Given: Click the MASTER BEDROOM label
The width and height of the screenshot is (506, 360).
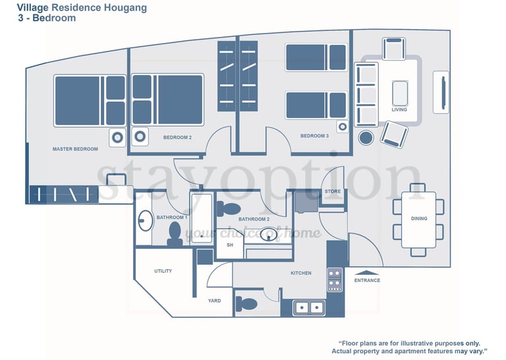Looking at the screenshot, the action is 75,149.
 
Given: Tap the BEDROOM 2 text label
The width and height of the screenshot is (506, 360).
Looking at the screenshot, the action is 177,138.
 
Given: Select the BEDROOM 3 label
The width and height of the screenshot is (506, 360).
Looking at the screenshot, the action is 315,136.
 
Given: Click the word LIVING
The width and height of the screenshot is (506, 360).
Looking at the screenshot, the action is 399,109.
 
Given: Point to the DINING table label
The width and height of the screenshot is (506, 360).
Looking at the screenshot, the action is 419,219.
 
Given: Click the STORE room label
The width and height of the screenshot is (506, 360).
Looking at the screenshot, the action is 333,191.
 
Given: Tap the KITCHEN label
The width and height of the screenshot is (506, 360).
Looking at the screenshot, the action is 301,273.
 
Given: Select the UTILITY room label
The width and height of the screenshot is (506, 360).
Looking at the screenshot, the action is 163,271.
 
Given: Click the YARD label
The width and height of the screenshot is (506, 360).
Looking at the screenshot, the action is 215,301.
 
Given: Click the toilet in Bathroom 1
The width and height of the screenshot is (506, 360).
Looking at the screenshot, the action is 175,234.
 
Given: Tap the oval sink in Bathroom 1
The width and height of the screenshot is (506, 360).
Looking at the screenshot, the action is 146,221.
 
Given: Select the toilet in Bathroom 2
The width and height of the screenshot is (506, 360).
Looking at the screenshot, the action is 229,208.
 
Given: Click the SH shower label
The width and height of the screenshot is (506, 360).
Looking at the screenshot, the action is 230,245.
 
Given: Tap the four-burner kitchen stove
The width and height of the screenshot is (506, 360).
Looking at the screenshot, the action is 335,280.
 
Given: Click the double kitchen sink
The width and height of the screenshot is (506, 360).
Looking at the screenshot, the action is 309,308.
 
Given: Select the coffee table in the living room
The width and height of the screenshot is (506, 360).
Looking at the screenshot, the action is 400,94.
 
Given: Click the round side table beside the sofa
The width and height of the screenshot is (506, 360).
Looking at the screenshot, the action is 366,138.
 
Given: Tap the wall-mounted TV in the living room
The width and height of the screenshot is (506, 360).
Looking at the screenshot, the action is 443,92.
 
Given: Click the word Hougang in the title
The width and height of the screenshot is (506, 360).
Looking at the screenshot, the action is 126,8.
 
